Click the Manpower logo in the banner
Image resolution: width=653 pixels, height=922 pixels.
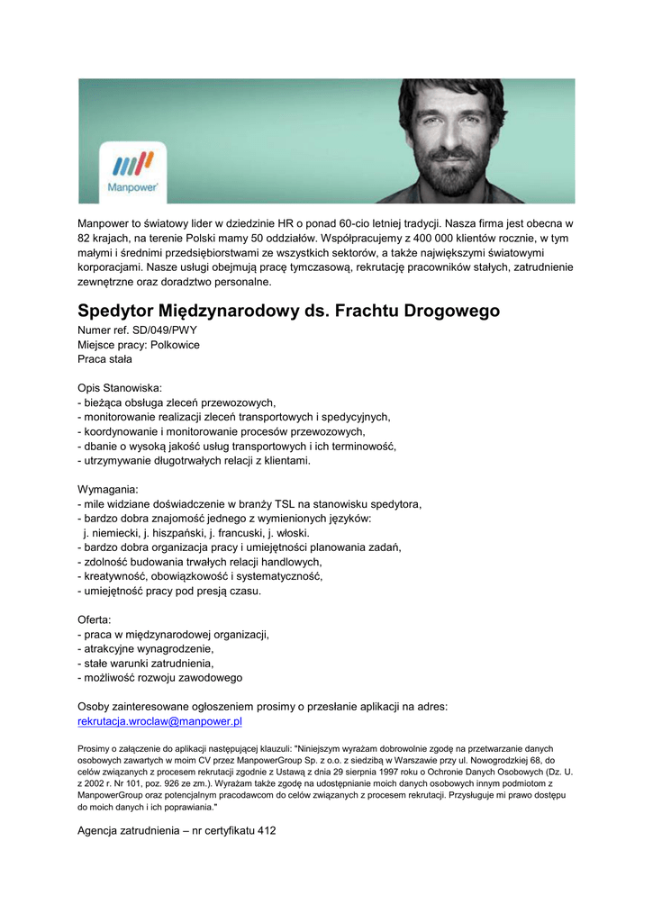pos(133,170)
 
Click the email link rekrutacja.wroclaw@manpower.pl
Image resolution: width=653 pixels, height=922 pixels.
pos(160,721)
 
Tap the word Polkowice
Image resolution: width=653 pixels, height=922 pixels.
pos(176,345)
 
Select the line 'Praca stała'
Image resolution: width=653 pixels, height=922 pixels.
pos(104,359)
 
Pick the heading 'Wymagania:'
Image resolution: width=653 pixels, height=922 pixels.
pos(108,489)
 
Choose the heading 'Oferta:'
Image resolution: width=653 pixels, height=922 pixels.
pos(95,619)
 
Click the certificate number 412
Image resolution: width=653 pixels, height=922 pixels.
pos(266,831)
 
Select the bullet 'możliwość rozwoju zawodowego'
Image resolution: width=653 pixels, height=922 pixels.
pos(163,677)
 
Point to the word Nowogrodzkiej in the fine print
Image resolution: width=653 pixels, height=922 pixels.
pos(504,760)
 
